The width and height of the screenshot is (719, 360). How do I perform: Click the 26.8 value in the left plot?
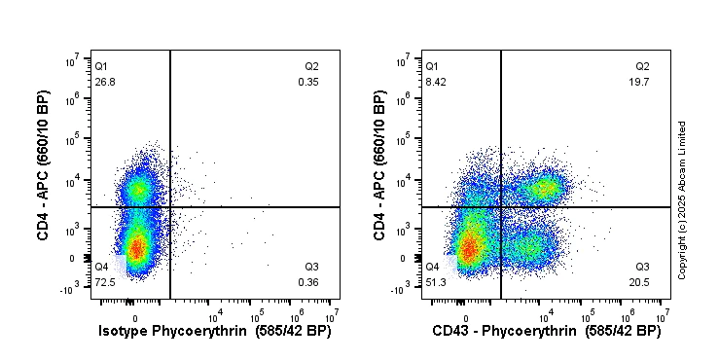click(x=102, y=83)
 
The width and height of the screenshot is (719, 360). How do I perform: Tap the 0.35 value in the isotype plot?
click(x=308, y=83)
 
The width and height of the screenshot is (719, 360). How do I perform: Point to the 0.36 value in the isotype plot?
click(x=308, y=282)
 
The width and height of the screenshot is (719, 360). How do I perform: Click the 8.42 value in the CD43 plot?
click(x=433, y=83)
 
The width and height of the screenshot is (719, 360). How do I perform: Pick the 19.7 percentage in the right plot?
click(x=641, y=83)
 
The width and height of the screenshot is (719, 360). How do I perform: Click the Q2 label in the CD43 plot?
click(x=642, y=66)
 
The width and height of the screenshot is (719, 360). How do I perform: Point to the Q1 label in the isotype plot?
click(x=100, y=66)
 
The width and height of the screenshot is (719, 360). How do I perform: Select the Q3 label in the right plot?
click(x=642, y=267)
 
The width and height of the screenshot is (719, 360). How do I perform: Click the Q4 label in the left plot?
click(x=100, y=267)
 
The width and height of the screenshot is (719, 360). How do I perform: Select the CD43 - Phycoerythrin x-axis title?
click(x=546, y=332)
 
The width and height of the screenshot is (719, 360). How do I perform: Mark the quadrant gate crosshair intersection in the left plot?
click(x=170, y=207)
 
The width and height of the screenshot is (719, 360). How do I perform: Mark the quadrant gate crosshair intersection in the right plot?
click(x=501, y=207)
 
